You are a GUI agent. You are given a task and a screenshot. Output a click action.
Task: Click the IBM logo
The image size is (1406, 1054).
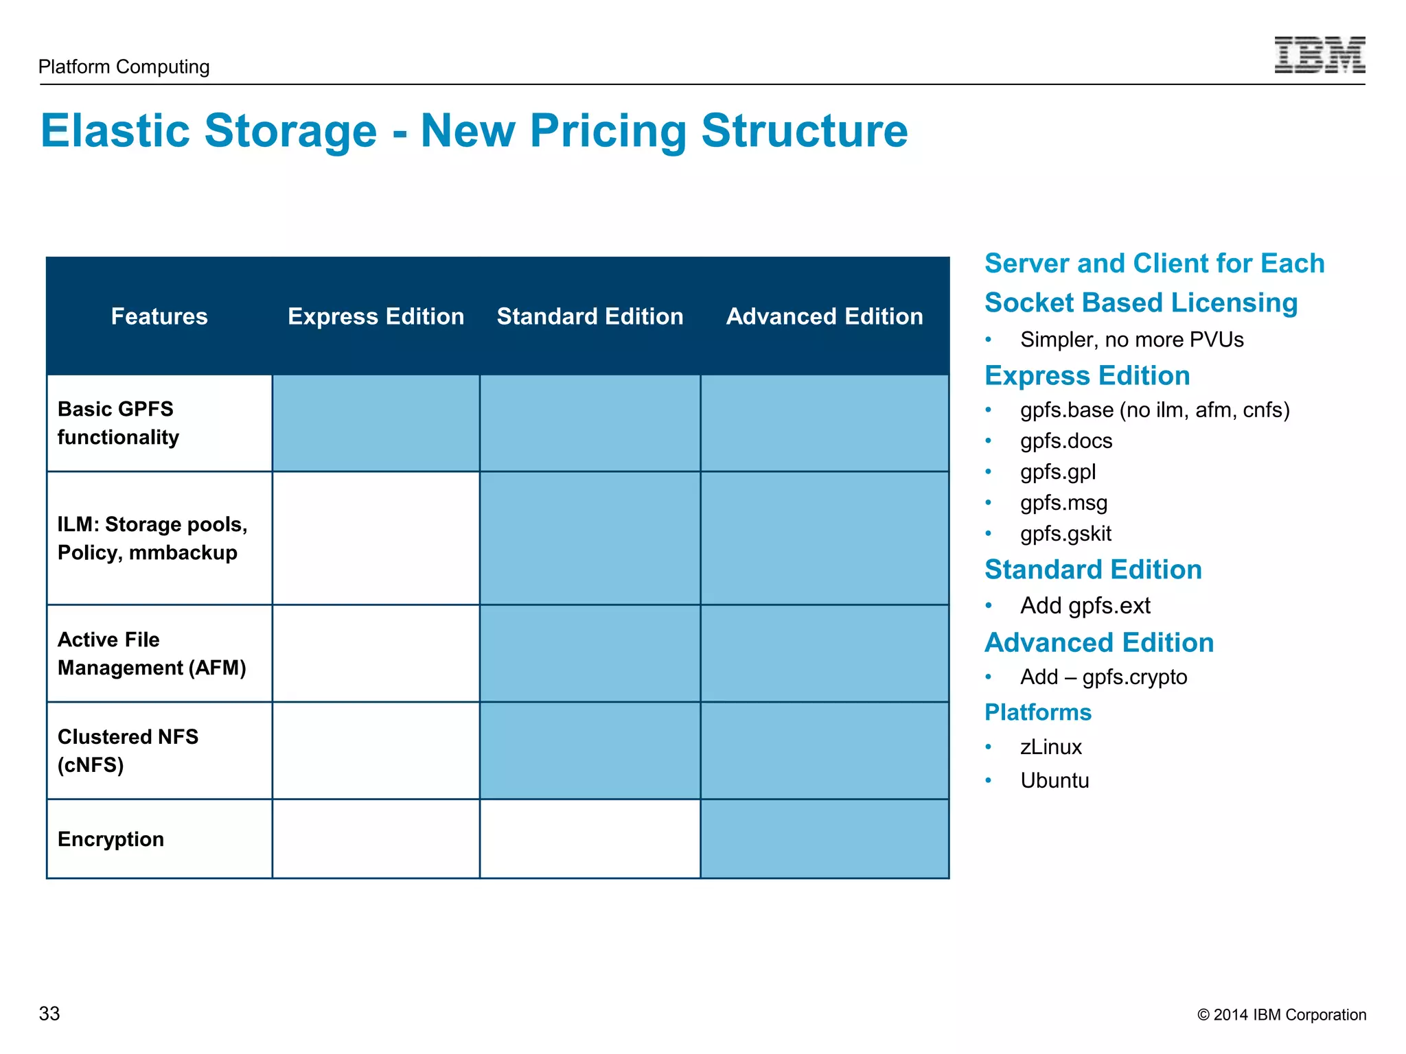click(1319, 55)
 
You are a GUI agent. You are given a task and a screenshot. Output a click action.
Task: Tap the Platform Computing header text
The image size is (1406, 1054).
click(124, 67)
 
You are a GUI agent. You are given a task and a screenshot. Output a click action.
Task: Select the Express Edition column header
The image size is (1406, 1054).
click(376, 316)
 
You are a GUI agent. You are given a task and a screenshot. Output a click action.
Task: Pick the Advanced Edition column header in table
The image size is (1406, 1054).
click(824, 316)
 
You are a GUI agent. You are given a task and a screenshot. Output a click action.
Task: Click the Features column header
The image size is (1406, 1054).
click(159, 316)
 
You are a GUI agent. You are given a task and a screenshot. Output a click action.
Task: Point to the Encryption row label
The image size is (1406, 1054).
click(111, 839)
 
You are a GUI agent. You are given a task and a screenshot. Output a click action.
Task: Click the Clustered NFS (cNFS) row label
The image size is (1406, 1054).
click(128, 751)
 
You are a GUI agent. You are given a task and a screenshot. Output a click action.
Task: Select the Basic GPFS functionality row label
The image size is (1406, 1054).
click(118, 423)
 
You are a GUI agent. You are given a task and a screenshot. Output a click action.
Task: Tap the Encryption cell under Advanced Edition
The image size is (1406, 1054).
click(824, 839)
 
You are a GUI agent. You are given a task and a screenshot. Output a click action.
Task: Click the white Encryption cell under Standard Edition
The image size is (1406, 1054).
click(590, 839)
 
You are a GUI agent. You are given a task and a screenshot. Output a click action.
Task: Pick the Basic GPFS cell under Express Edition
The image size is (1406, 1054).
click(376, 423)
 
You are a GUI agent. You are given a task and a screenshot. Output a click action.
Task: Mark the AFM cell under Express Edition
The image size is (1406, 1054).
click(376, 653)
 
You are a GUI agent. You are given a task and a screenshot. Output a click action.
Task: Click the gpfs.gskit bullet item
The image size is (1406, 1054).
click(1065, 534)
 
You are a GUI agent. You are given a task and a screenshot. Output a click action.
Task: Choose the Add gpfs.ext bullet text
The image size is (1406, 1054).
click(1085, 606)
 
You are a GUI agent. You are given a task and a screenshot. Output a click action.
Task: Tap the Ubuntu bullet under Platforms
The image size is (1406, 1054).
click(1054, 781)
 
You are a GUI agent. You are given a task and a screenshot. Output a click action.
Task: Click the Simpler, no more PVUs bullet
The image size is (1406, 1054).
click(1131, 340)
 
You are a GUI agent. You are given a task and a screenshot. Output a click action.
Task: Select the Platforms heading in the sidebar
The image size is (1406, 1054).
click(1037, 712)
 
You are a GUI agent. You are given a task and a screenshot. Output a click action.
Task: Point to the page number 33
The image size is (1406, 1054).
click(49, 1014)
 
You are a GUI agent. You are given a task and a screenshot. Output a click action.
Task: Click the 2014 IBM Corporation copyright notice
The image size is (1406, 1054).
click(1281, 1015)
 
